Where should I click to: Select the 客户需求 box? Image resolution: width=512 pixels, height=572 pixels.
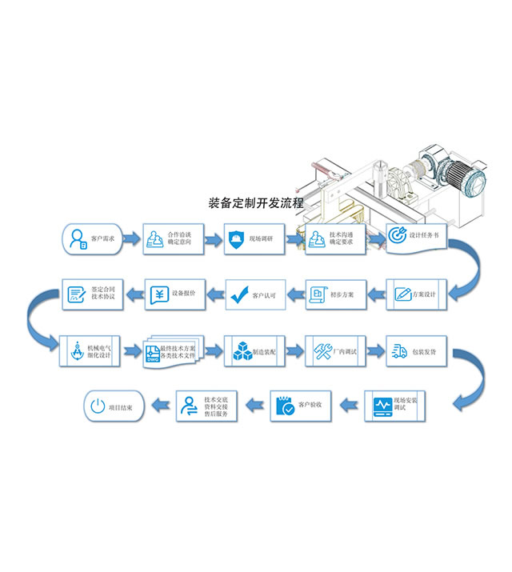93,238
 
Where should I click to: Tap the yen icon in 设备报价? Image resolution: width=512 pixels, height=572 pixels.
159,294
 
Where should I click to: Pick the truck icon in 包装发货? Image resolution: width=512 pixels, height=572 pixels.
401,350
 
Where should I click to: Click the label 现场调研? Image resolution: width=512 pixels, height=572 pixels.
262,239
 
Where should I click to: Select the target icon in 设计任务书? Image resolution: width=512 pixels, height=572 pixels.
398,236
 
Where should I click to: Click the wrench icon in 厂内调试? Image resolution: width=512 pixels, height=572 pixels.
322,350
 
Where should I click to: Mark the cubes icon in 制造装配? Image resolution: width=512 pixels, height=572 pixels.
241,350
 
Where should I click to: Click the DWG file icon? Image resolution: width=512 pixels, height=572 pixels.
153,357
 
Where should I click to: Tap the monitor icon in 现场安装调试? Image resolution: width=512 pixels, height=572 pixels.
383,406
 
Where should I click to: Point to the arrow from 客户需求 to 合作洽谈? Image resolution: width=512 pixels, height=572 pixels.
132,238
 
